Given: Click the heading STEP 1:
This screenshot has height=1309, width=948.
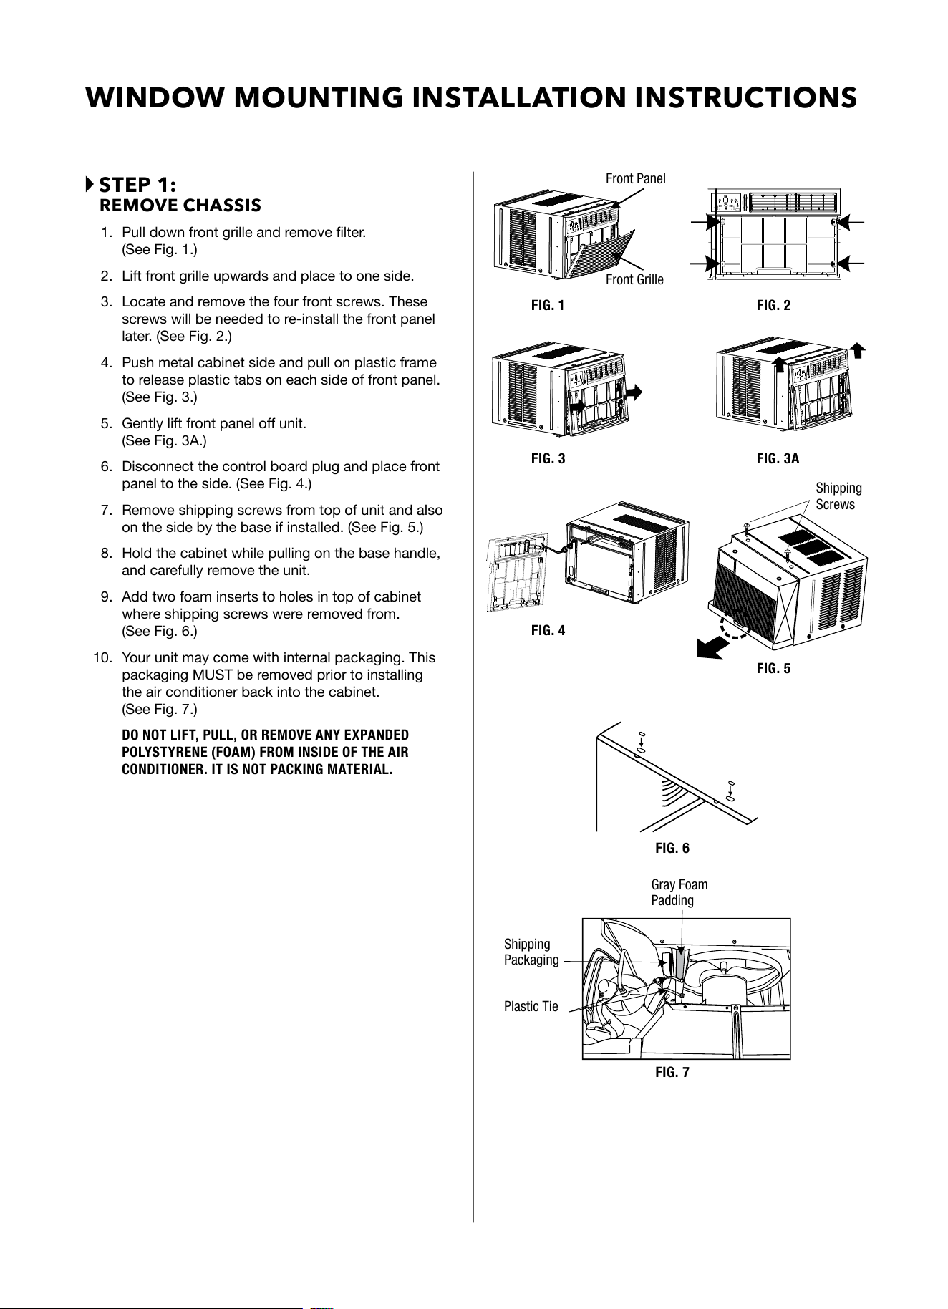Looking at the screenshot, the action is point(137,185).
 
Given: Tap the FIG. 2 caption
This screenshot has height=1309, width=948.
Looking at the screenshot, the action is point(773,306).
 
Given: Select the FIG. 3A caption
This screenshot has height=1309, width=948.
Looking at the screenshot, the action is point(778,458).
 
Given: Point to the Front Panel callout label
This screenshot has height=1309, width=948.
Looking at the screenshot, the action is point(635,178).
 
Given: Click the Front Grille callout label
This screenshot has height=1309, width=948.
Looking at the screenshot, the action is point(634,279).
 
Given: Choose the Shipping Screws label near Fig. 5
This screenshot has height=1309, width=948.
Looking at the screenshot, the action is point(838,496).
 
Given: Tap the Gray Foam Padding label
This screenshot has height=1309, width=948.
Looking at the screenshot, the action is point(679,892).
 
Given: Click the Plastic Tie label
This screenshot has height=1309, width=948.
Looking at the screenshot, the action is point(531,1007).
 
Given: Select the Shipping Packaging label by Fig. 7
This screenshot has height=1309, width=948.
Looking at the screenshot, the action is point(531,952).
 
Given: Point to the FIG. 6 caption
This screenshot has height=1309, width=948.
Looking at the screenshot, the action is point(672,849).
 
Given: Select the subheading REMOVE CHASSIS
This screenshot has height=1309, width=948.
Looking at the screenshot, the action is point(180,206).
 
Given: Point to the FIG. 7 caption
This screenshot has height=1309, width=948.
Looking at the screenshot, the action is point(672,1073).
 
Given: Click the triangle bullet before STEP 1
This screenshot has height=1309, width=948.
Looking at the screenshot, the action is point(89,184).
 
